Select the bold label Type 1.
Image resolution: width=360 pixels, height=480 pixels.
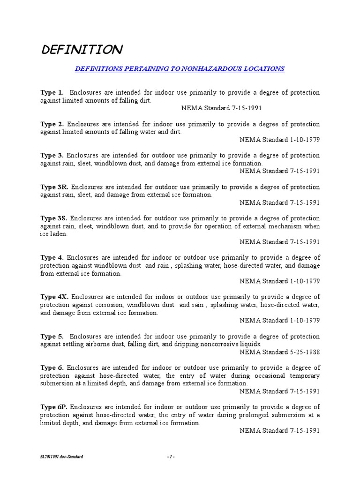52,92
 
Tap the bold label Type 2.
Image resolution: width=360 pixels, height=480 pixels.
52,124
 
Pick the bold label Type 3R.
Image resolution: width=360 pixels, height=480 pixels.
54,187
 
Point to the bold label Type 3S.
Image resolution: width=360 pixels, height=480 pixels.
54,218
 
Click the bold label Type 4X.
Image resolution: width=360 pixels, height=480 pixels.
54,297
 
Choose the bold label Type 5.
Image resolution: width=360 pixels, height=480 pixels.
52,337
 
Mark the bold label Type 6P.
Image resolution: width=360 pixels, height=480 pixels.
54,407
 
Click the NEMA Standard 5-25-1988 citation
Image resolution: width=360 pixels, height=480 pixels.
279,352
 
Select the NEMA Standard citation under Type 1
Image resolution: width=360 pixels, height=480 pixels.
221,108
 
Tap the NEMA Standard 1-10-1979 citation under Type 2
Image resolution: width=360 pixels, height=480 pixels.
279,140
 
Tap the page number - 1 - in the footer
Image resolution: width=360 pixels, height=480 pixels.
171,457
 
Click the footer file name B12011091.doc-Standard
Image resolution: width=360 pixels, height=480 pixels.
61,457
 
